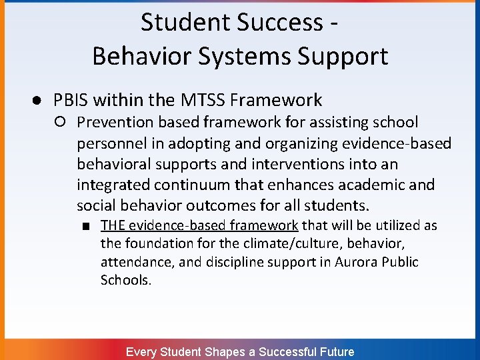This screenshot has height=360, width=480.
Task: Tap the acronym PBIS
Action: (71, 101)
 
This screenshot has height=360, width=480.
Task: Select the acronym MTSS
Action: (203, 101)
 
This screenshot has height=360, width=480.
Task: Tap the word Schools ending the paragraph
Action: (125, 280)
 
